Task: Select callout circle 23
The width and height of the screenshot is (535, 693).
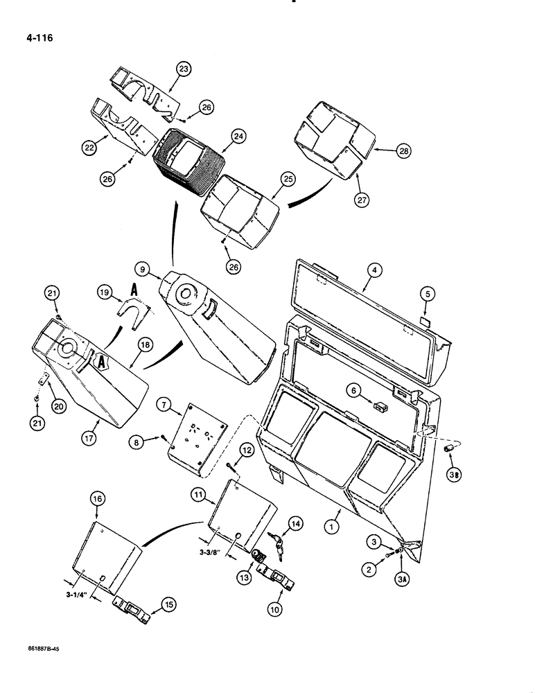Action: [x=183, y=69]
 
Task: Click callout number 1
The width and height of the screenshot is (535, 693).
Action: [x=335, y=514]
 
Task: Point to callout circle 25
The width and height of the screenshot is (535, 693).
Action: [x=288, y=178]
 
